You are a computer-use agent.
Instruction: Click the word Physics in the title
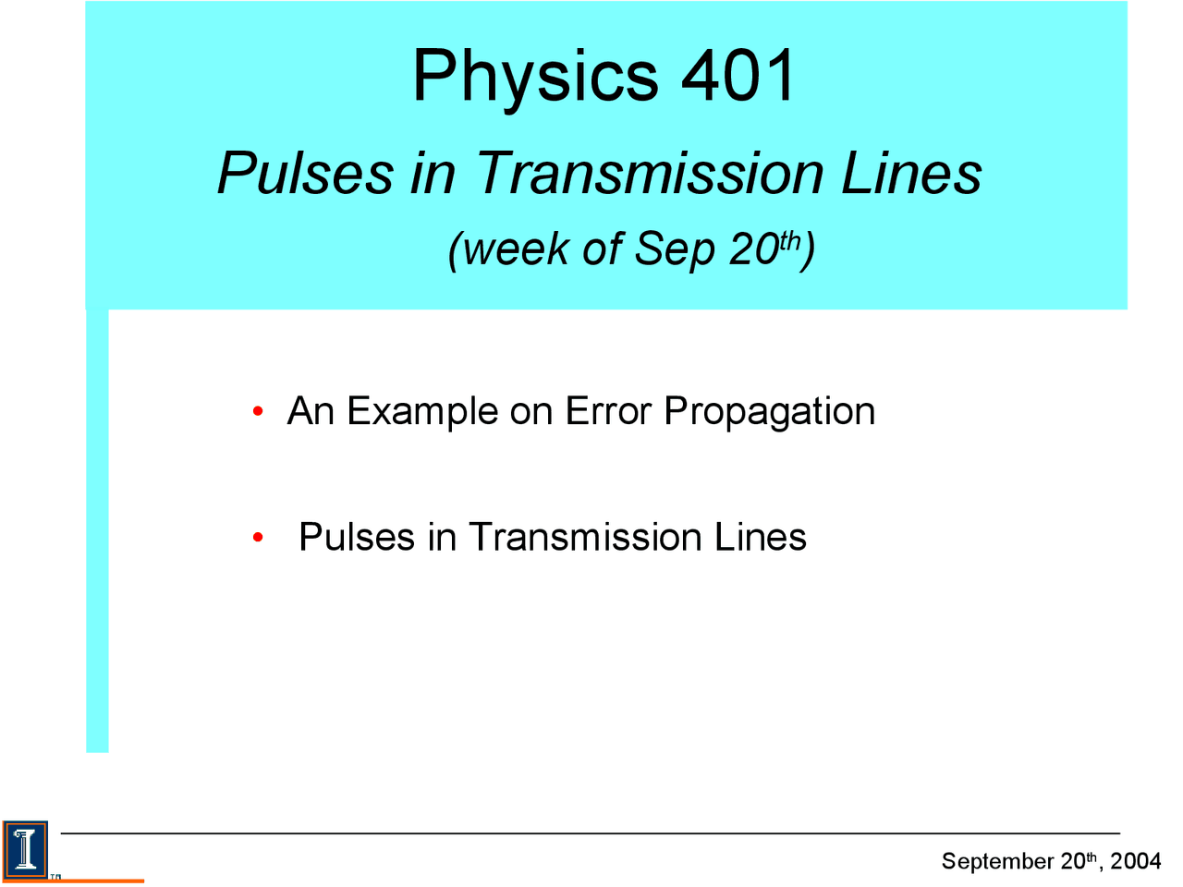click(x=534, y=77)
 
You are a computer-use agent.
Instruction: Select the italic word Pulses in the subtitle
click(x=305, y=174)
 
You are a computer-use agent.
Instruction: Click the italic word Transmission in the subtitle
click(x=650, y=174)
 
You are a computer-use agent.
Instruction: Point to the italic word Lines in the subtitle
click(x=910, y=174)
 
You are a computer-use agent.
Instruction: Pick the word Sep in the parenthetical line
click(x=675, y=249)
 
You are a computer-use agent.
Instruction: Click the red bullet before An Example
click(x=258, y=411)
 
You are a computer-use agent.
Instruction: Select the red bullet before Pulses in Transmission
click(x=258, y=538)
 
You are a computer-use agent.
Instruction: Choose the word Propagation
click(x=769, y=412)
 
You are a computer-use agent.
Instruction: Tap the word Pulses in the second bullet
click(x=357, y=538)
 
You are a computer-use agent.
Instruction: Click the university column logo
click(x=25, y=847)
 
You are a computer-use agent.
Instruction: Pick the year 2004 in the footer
click(x=1135, y=861)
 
